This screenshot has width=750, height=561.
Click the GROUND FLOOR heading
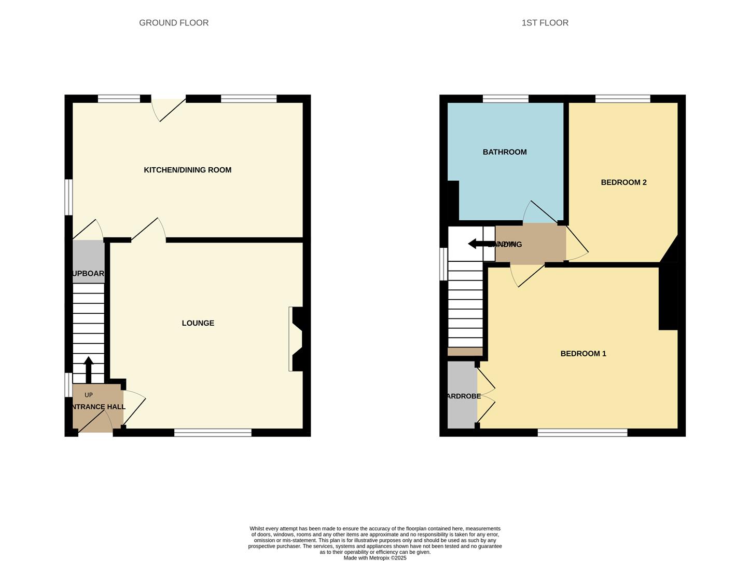click(174, 23)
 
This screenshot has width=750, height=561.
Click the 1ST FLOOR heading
click(545, 23)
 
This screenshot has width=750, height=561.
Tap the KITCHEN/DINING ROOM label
click(187, 170)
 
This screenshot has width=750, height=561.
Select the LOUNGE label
click(198, 323)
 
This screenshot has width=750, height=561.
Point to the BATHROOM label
click(504, 152)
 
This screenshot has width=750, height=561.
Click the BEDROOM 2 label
click(623, 182)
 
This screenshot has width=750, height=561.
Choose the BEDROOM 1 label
click(583, 354)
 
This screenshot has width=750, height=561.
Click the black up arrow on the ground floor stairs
click(89, 369)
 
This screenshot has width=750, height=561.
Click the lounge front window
click(213, 432)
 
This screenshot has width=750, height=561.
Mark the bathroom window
click(505, 98)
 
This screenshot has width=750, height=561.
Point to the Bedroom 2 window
click(622, 98)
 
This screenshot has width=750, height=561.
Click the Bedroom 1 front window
click(582, 432)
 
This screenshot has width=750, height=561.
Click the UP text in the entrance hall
click(89, 395)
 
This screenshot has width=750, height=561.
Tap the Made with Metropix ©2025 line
click(374, 558)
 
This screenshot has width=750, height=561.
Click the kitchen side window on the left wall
click(68, 197)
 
